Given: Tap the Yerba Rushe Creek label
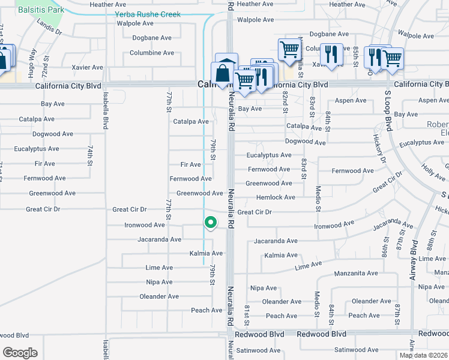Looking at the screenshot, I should (x=148, y=14).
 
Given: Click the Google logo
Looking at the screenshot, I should (x=20, y=352).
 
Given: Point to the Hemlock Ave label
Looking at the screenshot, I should (x=276, y=197).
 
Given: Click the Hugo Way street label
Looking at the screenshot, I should (x=33, y=61).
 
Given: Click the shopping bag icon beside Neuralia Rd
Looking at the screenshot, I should (x=222, y=73).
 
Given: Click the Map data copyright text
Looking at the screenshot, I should (x=423, y=355).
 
